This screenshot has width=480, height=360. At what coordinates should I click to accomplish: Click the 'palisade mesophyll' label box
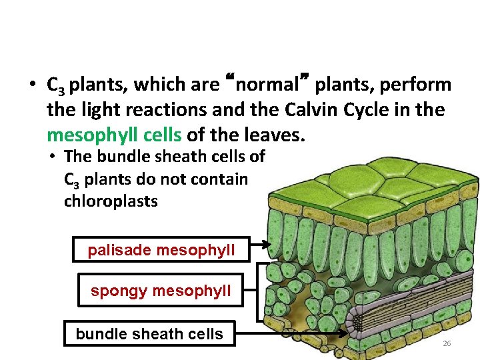(x=161, y=250)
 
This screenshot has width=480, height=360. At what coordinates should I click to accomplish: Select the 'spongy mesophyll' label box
(x=161, y=291)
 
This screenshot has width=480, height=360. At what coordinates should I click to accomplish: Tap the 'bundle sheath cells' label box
(x=149, y=333)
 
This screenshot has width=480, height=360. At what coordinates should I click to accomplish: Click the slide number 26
(x=447, y=343)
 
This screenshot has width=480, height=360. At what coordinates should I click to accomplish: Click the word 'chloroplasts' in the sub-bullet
(x=111, y=201)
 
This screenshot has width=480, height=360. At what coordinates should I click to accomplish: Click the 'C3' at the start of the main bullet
(x=55, y=86)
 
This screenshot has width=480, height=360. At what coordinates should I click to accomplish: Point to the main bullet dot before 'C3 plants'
(x=32, y=85)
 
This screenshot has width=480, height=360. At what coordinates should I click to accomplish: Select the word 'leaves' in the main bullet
(x=276, y=135)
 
